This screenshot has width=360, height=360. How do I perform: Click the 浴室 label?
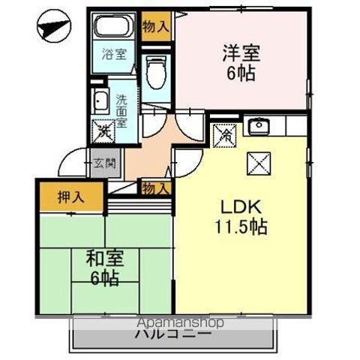tap(114, 54)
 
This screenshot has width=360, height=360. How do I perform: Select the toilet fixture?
tap(155, 72)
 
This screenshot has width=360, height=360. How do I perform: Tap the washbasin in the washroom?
tap(100, 101)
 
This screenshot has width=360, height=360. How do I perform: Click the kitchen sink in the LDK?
tap(259, 125)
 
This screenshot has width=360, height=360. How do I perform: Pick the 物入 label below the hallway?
tap(155, 188)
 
